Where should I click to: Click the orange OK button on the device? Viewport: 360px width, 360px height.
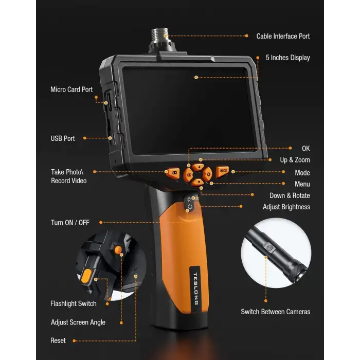[x=189, y=175]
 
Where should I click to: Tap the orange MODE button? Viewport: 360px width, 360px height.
[x=222, y=171]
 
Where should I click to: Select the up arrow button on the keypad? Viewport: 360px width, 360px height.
[x=199, y=167]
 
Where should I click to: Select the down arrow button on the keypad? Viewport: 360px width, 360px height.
[x=198, y=182]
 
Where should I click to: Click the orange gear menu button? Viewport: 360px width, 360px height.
[x=208, y=174]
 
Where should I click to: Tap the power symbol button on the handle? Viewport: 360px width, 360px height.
[x=190, y=207]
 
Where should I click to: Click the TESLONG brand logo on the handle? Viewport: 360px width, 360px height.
[x=195, y=289]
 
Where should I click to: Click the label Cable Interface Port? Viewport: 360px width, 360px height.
[x=283, y=37]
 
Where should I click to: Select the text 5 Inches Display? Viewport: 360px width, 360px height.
[x=287, y=58]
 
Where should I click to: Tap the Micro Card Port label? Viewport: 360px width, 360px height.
[x=71, y=89]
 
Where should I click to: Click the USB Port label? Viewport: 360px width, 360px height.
[x=63, y=138]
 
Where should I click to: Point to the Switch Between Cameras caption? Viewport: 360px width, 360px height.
[x=276, y=312]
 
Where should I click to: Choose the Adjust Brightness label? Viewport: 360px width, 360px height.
[x=286, y=207]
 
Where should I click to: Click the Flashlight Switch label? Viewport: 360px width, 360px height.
[x=74, y=303]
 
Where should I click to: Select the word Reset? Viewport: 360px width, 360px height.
[x=58, y=340]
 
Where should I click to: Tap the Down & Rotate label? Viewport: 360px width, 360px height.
[x=290, y=195]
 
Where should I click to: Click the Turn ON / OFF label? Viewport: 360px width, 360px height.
[x=70, y=223]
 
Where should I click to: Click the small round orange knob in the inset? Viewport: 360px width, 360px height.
[x=118, y=249]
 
